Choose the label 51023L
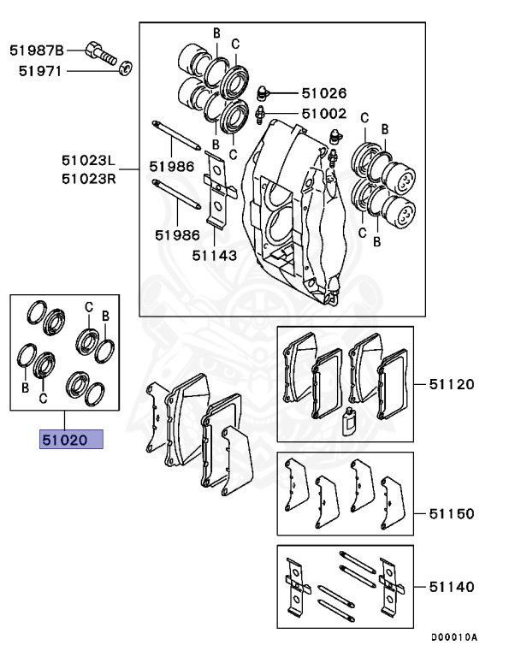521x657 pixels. pos(87,160)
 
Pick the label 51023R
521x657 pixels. pos(87,178)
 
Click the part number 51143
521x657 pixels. pos(214,254)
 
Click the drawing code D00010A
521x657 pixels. pos(453,637)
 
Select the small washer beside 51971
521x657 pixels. pos(126,67)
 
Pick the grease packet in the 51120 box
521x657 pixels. pos(348,422)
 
